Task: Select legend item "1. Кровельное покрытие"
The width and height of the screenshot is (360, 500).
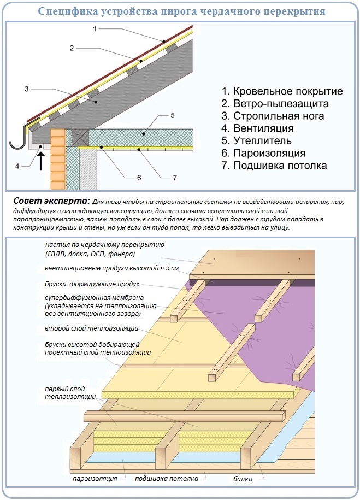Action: (x=282, y=91)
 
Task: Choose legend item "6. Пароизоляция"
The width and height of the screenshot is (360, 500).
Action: (x=263, y=153)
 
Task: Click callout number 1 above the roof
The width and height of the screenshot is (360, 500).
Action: (x=95, y=28)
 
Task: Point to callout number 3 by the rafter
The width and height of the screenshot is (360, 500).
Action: (x=26, y=88)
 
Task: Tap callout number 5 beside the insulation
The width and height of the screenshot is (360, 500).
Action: (x=172, y=115)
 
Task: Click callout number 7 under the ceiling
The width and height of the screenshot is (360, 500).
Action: (x=175, y=178)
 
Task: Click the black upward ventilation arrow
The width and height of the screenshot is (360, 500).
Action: (x=40, y=161)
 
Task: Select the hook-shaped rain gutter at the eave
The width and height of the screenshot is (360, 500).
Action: (x=20, y=139)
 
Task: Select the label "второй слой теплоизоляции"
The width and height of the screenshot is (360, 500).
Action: (x=91, y=329)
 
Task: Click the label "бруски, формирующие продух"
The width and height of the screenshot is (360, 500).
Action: (x=92, y=284)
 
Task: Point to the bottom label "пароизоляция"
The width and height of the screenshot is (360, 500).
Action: (x=95, y=479)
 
